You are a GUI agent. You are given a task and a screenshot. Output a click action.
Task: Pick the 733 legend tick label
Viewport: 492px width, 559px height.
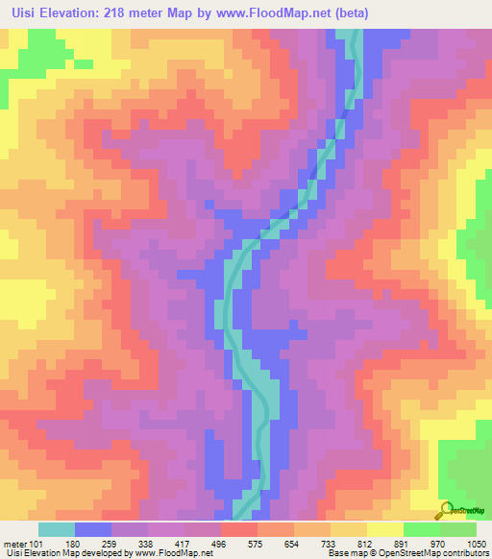pyautogui.click(x=331, y=543)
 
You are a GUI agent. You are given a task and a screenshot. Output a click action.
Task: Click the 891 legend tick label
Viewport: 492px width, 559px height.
pyautogui.click(x=404, y=543)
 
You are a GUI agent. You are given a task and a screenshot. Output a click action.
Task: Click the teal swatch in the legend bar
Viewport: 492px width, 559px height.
pyautogui.click(x=57, y=529)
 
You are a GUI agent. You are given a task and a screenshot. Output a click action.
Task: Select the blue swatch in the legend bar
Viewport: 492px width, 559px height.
pyautogui.click(x=93, y=529)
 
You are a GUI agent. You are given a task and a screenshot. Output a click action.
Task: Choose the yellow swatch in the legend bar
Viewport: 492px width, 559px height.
pyautogui.click(x=385, y=529)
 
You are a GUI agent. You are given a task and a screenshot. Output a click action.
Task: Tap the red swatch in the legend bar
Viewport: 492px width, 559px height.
pyautogui.click(x=239, y=529)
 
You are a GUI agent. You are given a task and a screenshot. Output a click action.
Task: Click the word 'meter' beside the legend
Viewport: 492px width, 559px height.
pyautogui.click(x=14, y=543)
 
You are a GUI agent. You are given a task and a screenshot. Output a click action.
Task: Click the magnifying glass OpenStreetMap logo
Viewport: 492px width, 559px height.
pyautogui.click(x=446, y=510)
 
